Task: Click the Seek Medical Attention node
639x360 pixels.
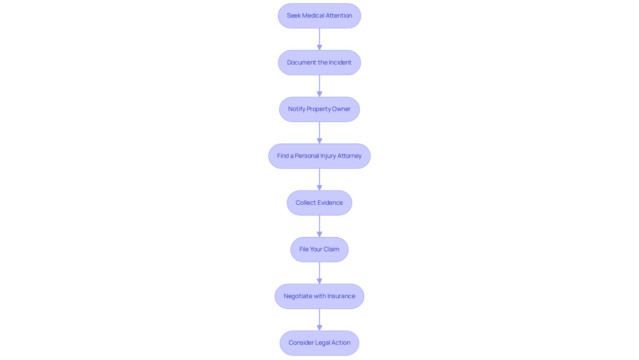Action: (319, 16)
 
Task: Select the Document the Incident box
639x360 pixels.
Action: (319, 62)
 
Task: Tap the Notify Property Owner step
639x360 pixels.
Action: (319, 109)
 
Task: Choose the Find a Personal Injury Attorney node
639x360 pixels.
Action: (319, 156)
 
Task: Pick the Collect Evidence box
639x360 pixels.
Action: (319, 203)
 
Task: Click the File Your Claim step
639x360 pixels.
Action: (319, 249)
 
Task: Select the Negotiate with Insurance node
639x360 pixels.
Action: (319, 296)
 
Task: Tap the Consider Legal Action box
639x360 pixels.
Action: (319, 343)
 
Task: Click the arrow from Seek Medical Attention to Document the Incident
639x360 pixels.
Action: (319, 40)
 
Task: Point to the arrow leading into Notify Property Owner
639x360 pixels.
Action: (319, 86)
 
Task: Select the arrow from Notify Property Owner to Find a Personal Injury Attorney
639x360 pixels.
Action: (319, 133)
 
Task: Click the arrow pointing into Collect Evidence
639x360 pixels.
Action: (319, 180)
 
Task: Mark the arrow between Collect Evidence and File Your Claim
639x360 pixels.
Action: (319, 226)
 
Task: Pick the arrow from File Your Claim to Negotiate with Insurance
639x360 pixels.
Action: (319, 273)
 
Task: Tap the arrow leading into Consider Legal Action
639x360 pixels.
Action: (319, 320)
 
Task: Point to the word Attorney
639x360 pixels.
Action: (349, 156)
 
